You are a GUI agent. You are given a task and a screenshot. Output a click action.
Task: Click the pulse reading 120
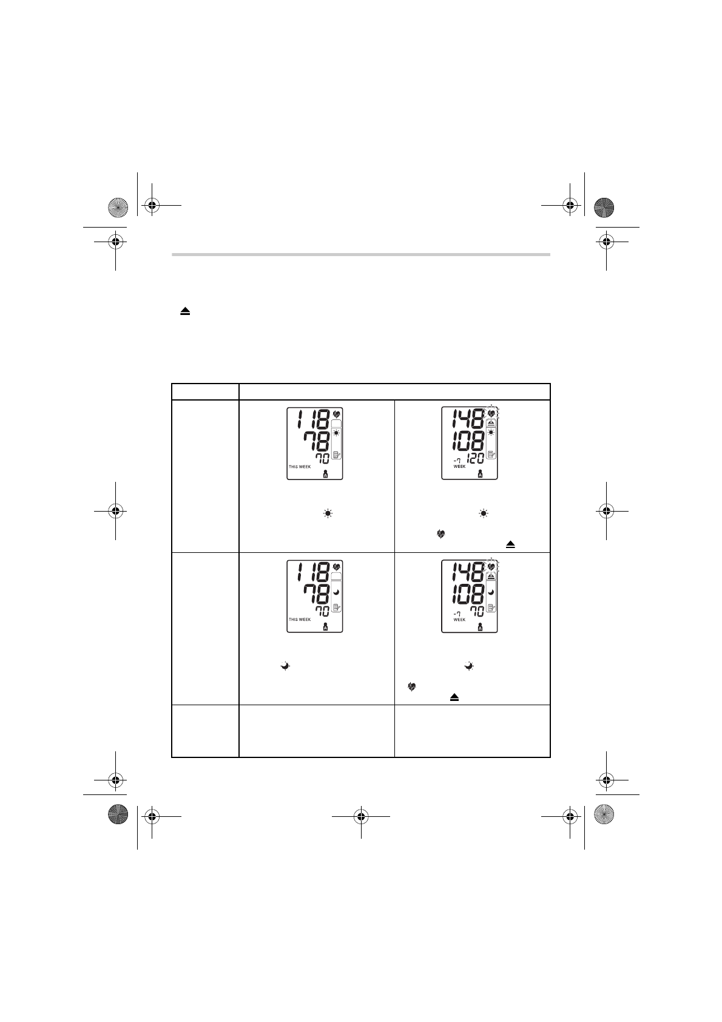(x=474, y=458)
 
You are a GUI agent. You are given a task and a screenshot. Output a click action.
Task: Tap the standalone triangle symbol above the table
(x=184, y=311)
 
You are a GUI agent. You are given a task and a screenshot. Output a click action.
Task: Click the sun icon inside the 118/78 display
(x=336, y=433)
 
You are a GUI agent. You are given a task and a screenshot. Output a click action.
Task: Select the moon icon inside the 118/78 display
(x=336, y=592)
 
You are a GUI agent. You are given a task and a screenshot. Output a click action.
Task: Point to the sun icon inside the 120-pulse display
(x=491, y=432)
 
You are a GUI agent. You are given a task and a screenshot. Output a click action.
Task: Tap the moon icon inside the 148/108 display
(x=491, y=592)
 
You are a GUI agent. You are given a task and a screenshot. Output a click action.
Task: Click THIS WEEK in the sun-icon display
(x=300, y=467)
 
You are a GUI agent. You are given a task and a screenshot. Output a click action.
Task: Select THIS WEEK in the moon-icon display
(x=300, y=619)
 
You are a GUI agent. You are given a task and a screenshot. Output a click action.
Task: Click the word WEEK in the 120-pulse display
(x=459, y=467)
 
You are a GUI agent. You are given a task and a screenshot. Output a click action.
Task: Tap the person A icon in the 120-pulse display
(x=480, y=473)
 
